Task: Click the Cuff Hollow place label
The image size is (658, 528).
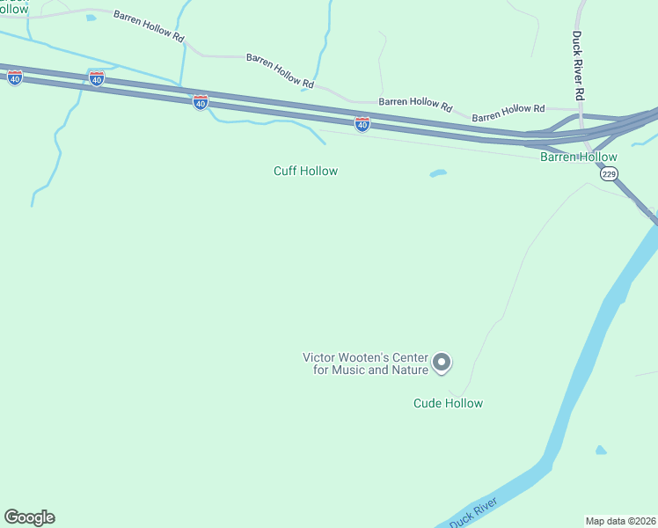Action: (x=305, y=171)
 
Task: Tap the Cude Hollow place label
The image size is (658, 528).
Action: (x=448, y=403)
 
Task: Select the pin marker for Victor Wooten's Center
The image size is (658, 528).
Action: (x=442, y=362)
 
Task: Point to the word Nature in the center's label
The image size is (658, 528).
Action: (x=408, y=370)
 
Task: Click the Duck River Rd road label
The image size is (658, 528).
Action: (x=578, y=65)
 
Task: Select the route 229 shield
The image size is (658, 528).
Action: (x=609, y=174)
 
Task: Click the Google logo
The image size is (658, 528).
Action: (x=29, y=517)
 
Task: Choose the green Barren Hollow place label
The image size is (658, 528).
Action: (x=578, y=157)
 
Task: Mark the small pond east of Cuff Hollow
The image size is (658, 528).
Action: (x=437, y=173)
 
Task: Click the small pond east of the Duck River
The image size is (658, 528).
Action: (x=600, y=451)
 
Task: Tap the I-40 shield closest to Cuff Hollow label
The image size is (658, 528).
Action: (x=362, y=125)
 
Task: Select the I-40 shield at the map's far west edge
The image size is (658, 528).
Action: (x=14, y=77)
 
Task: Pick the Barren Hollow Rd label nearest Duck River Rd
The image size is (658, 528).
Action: (x=508, y=113)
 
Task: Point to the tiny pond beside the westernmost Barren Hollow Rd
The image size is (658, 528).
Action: (x=91, y=18)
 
